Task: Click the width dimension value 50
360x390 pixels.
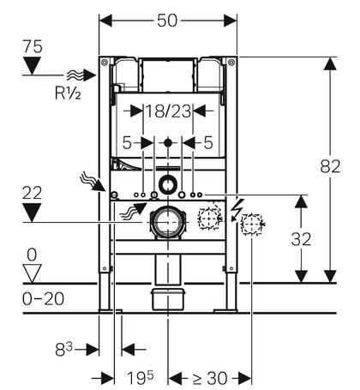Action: tap(167, 21)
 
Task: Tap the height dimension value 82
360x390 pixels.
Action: tap(330, 166)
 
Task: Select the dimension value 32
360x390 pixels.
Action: tap(301, 239)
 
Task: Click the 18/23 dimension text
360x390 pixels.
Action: tap(168, 111)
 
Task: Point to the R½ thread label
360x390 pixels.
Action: tap(68, 93)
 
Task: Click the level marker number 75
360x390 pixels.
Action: tap(33, 46)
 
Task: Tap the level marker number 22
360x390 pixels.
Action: tap(32, 193)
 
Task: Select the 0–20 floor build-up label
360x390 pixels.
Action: tap(43, 299)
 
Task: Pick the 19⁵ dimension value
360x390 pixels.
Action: tap(140, 378)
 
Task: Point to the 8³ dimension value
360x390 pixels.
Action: tap(64, 349)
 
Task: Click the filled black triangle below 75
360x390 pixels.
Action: tap(32, 66)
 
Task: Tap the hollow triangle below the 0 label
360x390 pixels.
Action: tap(32, 273)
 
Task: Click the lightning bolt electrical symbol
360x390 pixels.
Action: tap(237, 210)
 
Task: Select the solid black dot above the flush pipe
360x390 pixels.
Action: tap(168, 142)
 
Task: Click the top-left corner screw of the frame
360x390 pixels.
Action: tap(105, 62)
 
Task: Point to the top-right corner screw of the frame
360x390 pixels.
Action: tap(231, 62)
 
